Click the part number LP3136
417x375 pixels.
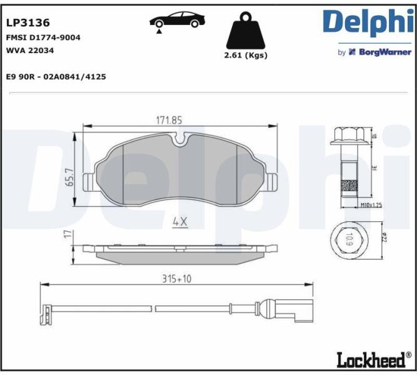(x=28, y=23)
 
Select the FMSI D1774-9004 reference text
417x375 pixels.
(x=43, y=37)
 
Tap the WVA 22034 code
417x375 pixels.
(x=30, y=50)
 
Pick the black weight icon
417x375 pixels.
(x=246, y=31)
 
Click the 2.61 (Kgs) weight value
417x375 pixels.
(x=246, y=56)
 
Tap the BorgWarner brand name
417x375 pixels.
(x=385, y=52)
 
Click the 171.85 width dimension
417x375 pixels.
(x=169, y=121)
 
